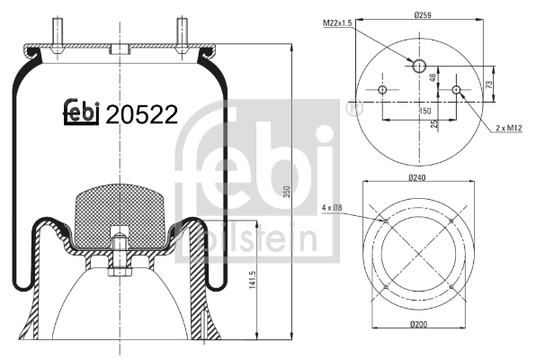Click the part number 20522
[x=141, y=114]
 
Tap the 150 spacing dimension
[x=420, y=111]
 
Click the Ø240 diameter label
[x=417, y=177]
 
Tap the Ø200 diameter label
[x=417, y=348]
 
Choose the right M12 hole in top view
[x=457, y=90]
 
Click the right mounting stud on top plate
[x=180, y=30]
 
